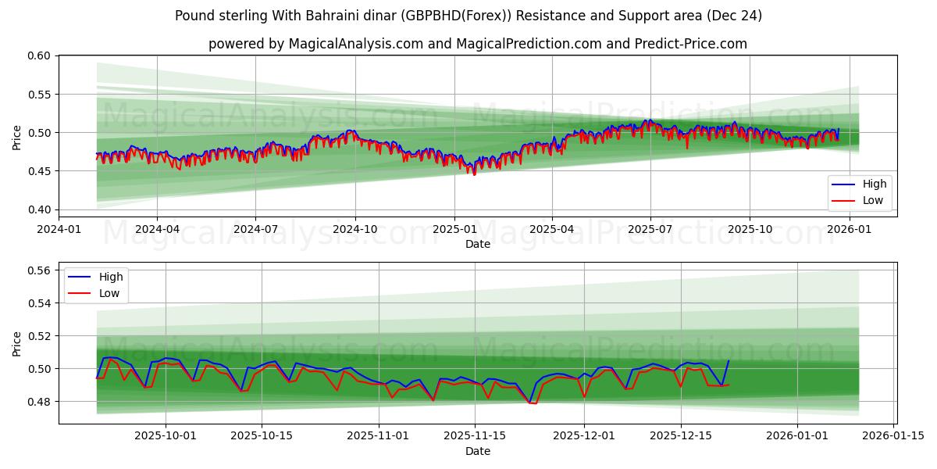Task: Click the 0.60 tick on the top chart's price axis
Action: (40, 55)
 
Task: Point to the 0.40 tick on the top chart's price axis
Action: (40, 209)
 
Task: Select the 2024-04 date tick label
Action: (157, 230)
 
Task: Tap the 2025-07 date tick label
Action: (650, 230)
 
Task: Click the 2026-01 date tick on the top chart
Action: (849, 230)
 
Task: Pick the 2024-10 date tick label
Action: (355, 230)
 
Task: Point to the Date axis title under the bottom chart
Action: (478, 451)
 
